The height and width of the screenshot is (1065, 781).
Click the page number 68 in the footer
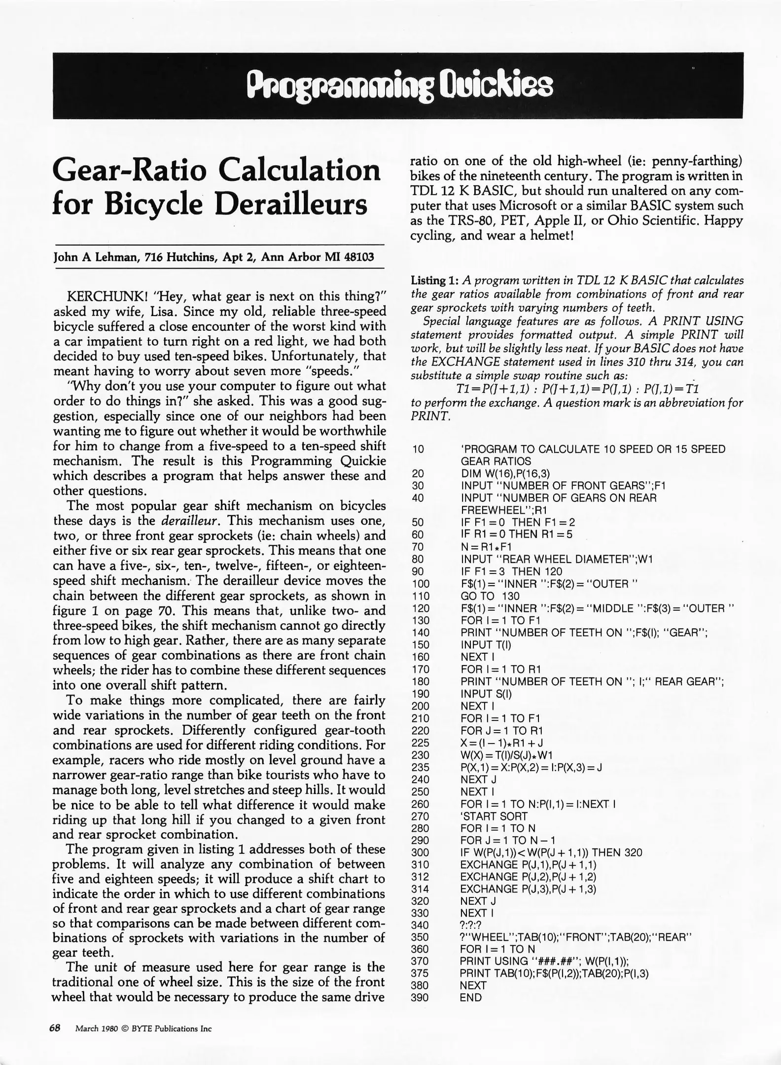click(54, 1028)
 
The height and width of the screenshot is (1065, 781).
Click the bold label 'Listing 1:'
click(435, 281)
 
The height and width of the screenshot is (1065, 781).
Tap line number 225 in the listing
click(420, 743)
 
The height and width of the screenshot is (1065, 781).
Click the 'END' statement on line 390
click(471, 997)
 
